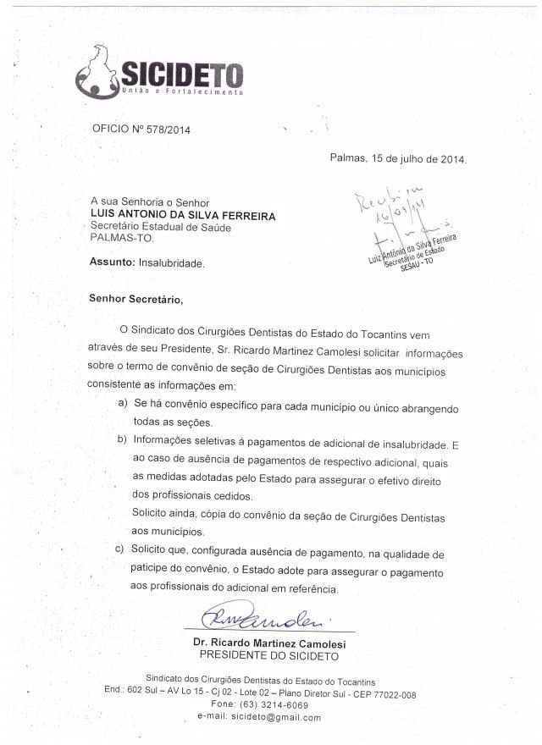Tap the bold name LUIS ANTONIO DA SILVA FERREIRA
click(182, 215)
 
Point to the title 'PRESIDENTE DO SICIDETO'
click(269, 655)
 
